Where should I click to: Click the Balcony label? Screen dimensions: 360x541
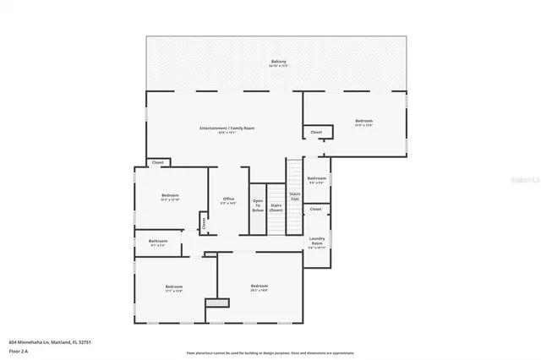[278, 62]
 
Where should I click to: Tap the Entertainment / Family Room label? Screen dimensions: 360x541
[227, 128]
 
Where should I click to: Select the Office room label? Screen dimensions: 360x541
[228, 199]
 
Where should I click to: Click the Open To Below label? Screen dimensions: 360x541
[258, 205]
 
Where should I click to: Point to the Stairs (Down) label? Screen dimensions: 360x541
[276, 205]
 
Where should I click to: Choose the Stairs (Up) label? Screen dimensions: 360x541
[294, 196]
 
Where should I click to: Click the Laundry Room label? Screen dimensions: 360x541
[317, 242]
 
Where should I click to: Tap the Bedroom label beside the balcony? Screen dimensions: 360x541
[364, 122]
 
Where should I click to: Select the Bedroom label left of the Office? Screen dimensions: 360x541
[170, 195]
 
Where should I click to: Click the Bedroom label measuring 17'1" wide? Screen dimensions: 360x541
[173, 287]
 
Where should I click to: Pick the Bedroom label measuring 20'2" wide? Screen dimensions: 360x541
[259, 286]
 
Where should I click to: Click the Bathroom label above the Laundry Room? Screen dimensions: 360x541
[316, 178]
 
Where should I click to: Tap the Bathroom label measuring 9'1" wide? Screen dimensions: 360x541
[158, 241]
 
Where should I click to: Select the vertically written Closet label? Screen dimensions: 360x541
[204, 223]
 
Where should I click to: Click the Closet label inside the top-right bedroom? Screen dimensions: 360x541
[316, 132]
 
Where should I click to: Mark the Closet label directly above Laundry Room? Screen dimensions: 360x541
[315, 209]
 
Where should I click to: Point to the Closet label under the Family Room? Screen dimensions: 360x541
[157, 162]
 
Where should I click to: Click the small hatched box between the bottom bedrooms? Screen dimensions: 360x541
[217, 302]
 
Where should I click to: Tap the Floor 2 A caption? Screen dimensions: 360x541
[19, 350]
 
